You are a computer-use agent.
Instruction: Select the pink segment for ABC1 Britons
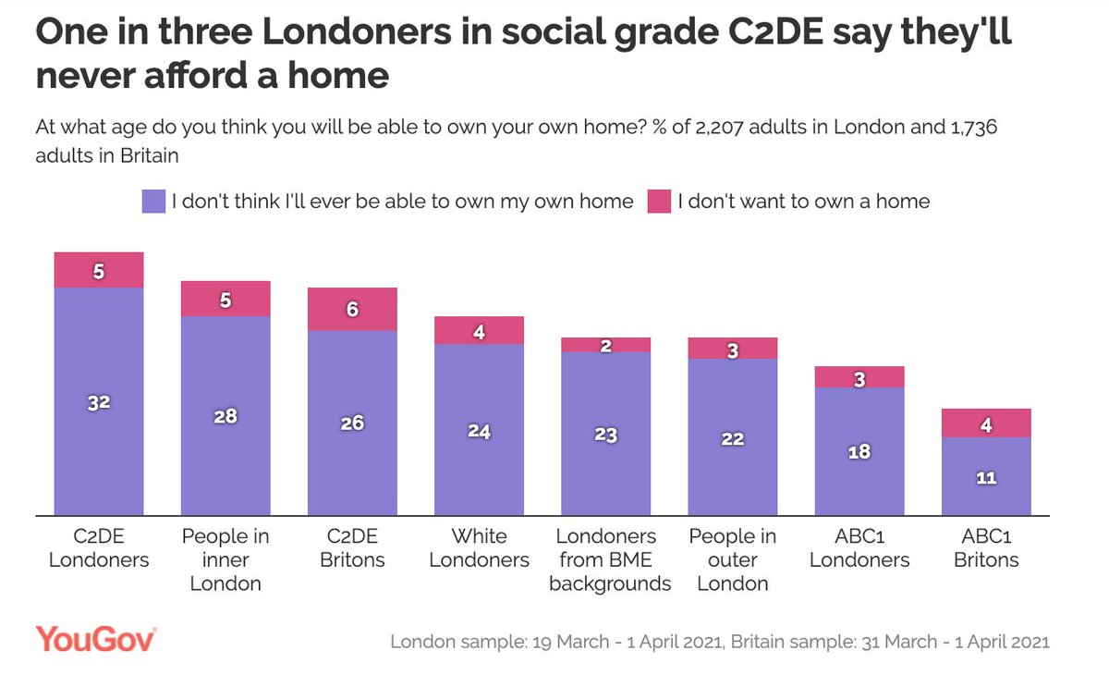986,423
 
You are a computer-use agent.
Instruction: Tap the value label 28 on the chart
225,416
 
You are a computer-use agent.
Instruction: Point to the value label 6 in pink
352,310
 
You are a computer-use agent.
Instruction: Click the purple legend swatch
152,202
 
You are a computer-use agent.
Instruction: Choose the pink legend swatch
658,202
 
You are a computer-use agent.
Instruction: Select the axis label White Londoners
479,548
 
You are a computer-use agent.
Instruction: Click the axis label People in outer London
733,559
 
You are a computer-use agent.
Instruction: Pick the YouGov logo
96,639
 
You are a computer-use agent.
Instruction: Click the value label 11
986,479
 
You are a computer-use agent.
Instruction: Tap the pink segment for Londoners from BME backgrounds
606,344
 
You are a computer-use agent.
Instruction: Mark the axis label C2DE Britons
352,548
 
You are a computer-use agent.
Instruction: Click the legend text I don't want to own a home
803,202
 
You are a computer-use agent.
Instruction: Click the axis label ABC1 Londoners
859,548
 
